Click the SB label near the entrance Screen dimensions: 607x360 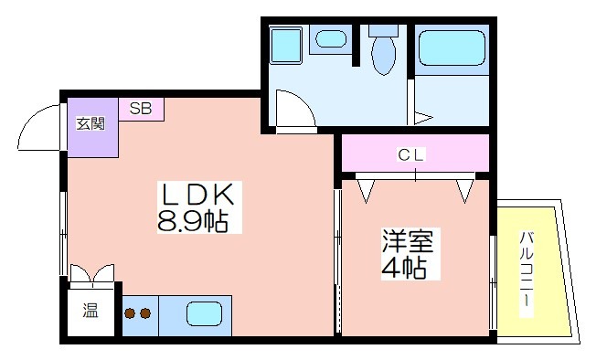pos(141,109)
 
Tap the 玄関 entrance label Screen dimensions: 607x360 pos(91,124)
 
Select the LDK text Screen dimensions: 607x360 pos(197,194)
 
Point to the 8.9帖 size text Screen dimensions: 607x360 pos(192,220)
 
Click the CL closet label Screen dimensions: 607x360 pos(411,154)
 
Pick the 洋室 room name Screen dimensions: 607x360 pos(407,241)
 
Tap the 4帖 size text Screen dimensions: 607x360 pos(404,268)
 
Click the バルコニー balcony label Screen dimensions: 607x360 pos(527,270)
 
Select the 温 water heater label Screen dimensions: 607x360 pos(91,310)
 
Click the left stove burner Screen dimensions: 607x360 pos(130,312)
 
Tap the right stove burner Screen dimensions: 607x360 pos(145,312)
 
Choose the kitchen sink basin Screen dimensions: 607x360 pos(205,314)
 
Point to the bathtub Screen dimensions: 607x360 pos(452,48)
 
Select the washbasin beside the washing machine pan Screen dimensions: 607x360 pos(330,39)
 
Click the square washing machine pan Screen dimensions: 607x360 pos(286,45)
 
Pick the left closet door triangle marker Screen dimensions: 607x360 pos(366,191)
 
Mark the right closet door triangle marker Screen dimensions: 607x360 pos(465,191)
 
